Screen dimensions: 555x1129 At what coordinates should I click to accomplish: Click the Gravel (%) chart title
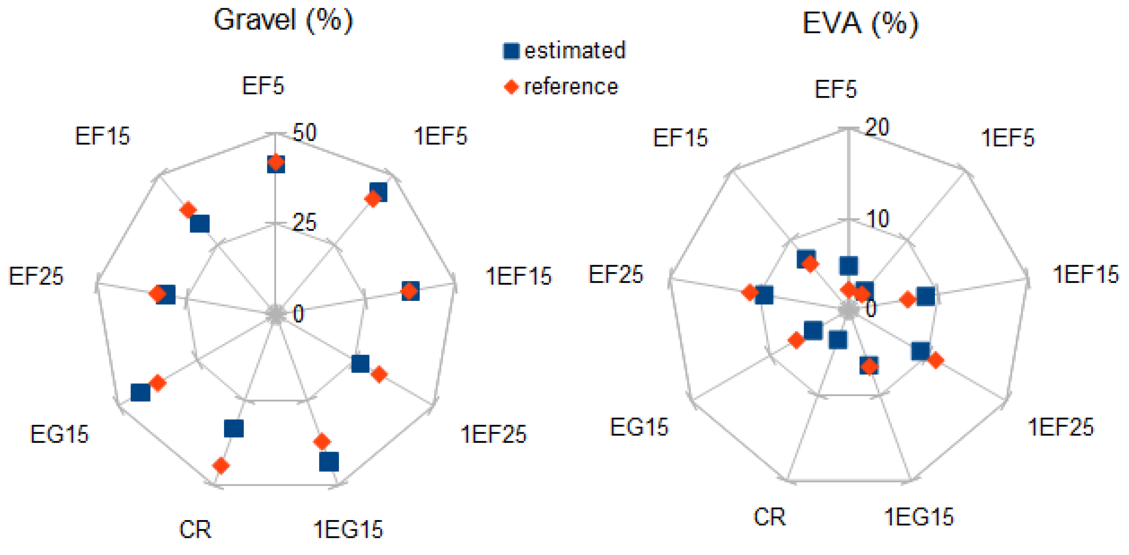click(283, 20)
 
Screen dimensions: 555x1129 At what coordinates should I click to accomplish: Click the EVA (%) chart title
click(860, 23)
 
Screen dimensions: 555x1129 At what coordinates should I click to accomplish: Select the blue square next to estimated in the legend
click(511, 51)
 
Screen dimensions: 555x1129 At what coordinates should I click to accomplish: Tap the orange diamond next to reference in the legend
click(511, 86)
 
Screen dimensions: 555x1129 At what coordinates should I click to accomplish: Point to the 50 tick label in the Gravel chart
click(304, 133)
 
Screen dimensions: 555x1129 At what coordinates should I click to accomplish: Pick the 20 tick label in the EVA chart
click(877, 128)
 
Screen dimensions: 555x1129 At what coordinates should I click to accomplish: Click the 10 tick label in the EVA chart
click(878, 218)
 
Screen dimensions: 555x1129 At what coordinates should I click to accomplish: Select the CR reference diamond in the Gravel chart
click(221, 465)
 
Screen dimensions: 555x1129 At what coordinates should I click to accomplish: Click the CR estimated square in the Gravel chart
click(233, 428)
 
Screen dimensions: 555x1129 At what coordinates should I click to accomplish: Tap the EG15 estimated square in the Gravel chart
click(141, 392)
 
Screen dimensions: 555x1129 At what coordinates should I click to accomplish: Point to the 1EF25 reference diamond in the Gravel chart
click(379, 374)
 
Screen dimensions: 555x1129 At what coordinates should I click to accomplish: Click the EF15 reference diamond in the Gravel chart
click(188, 210)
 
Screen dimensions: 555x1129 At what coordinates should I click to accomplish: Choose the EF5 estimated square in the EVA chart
click(848, 265)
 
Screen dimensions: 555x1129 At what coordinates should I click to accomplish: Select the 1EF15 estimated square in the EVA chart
click(926, 296)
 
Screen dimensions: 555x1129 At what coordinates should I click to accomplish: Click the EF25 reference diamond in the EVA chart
click(750, 292)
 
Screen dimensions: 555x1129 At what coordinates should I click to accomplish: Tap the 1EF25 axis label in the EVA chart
click(1060, 427)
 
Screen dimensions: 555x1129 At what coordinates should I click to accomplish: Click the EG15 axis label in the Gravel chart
click(59, 434)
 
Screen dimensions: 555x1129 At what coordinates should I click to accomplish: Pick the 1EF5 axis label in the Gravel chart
click(441, 136)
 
